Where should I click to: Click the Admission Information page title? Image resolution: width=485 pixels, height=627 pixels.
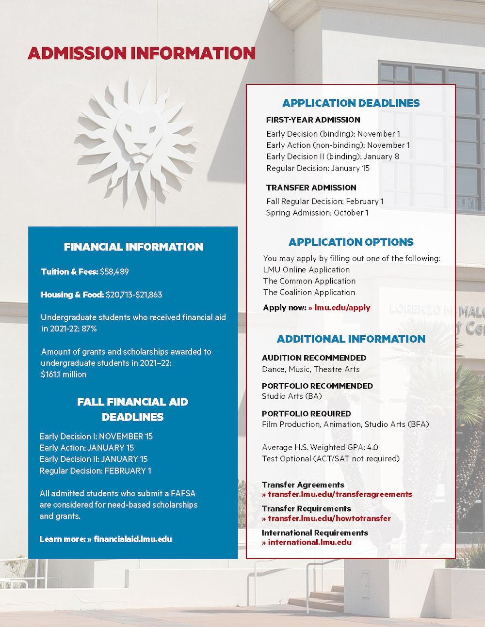pyautogui.click(x=142, y=53)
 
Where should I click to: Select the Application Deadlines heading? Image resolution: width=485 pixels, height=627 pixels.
pyautogui.click(x=351, y=103)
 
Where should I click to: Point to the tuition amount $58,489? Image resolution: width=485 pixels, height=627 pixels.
pyautogui.click(x=114, y=272)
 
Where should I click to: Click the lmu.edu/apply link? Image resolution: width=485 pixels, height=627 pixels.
pyautogui.click(x=342, y=308)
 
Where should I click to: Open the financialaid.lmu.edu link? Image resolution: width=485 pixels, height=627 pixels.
pyautogui.click(x=132, y=539)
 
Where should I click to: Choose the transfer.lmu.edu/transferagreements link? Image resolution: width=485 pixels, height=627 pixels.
pyautogui.click(x=339, y=494)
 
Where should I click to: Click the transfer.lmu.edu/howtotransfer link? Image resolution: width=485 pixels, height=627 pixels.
pyautogui.click(x=329, y=518)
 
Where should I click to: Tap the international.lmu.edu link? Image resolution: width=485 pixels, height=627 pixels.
pyautogui.click(x=309, y=542)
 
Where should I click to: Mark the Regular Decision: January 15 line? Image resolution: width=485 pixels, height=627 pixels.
pyautogui.click(x=318, y=168)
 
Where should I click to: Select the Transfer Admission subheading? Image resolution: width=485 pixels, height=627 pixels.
pyautogui.click(x=311, y=188)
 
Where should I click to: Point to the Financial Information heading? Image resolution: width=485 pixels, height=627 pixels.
pyautogui.click(x=133, y=247)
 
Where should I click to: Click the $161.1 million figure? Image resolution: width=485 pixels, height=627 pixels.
pyautogui.click(x=64, y=375)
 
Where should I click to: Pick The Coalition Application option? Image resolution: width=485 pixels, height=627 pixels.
pyautogui.click(x=309, y=293)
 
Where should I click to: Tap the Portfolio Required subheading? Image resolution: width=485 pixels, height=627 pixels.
pyautogui.click(x=306, y=413)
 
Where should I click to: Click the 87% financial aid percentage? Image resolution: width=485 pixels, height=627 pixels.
pyautogui.click(x=89, y=329)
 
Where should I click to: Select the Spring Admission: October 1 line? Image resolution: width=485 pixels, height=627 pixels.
pyautogui.click(x=317, y=213)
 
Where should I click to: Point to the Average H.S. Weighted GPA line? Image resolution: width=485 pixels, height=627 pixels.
pyautogui.click(x=320, y=447)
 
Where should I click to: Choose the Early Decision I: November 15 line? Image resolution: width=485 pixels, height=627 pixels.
pyautogui.click(x=96, y=437)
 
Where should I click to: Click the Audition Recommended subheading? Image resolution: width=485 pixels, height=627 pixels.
pyautogui.click(x=314, y=358)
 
